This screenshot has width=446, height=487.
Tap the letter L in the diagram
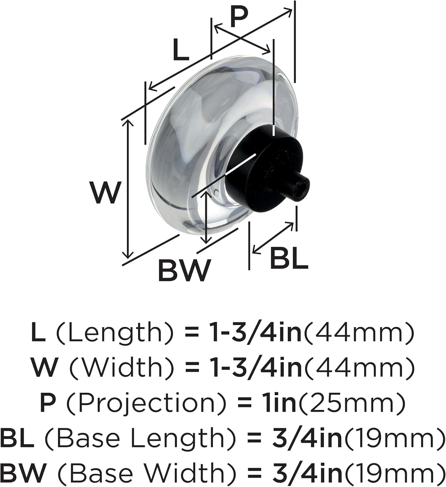tap(181, 50)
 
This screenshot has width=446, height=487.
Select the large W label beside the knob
tap(105, 193)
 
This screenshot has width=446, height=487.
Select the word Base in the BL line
tap(83, 438)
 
